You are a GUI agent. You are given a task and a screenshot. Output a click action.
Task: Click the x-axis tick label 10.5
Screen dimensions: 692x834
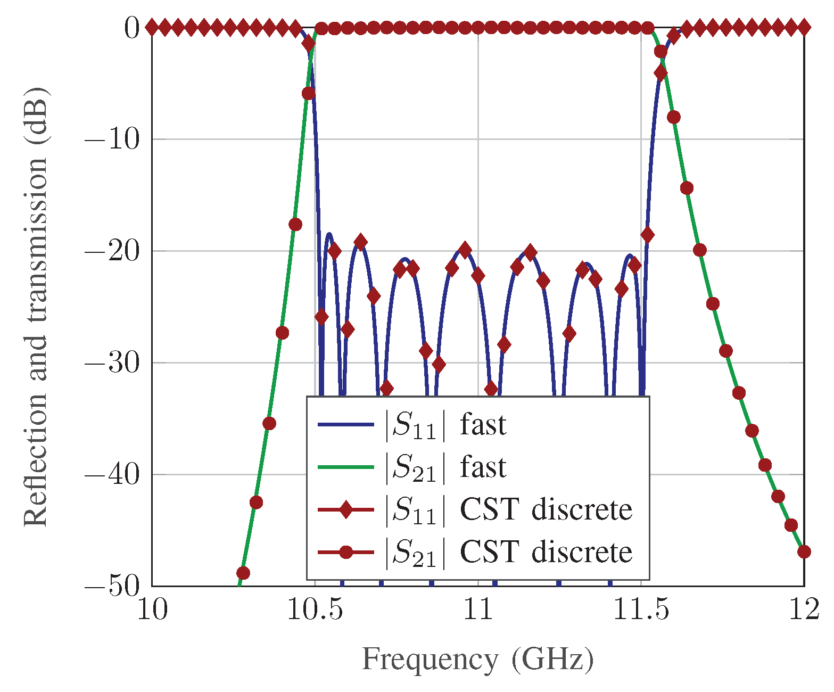pos(315,611)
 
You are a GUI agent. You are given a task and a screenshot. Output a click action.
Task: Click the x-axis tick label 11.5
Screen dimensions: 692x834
pos(641,611)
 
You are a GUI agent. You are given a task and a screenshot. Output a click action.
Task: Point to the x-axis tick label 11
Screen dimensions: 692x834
pos(478,611)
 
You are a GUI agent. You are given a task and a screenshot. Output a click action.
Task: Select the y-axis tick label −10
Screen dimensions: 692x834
pos(112,140)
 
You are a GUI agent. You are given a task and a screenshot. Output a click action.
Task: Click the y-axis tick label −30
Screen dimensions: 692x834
pos(112,364)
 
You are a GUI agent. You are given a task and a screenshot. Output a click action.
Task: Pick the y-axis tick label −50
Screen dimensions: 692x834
pos(112,587)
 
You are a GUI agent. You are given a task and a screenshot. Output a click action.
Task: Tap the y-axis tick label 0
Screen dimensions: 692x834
pos(131,28)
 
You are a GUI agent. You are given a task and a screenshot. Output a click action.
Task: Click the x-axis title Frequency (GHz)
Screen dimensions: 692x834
pos(477,660)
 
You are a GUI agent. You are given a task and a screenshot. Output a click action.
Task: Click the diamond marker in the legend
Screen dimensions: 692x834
pos(346,510)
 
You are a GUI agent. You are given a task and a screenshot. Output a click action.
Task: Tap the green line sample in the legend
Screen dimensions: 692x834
pos(346,467)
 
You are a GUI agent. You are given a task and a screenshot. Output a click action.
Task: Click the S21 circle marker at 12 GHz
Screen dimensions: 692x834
pos(804,551)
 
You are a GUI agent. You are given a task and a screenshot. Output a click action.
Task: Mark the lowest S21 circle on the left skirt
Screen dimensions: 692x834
pos(243,573)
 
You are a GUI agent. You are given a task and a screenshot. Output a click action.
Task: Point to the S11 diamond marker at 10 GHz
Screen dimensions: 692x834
pos(152,27)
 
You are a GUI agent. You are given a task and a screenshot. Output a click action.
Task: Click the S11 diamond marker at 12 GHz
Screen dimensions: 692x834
pos(804,27)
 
